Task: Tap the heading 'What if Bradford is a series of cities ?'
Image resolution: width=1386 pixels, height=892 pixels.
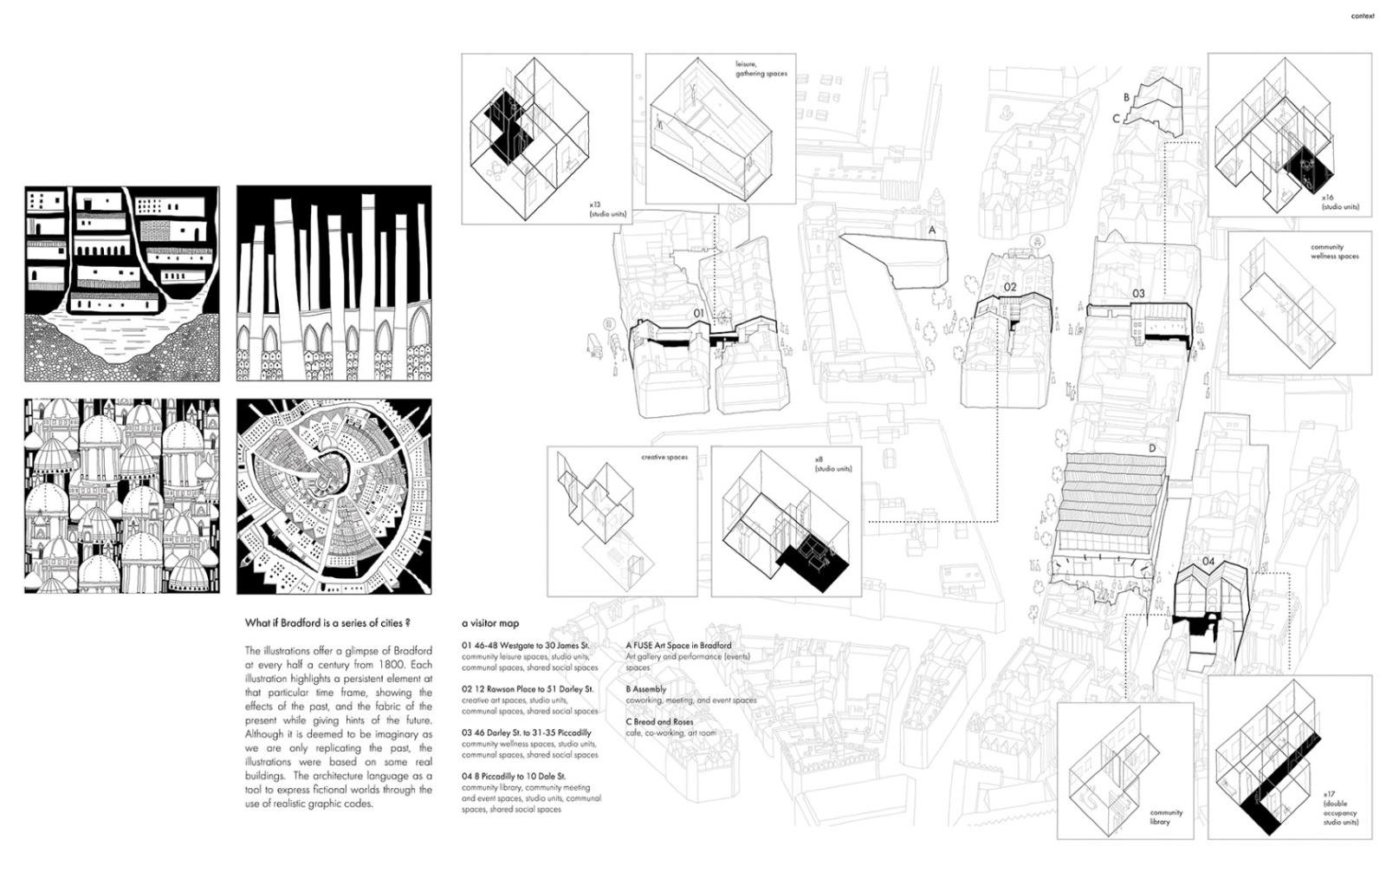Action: [327, 622]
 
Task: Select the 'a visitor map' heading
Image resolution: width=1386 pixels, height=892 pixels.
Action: [490, 623]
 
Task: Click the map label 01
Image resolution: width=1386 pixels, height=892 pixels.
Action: [698, 313]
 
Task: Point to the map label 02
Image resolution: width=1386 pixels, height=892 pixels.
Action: [1010, 287]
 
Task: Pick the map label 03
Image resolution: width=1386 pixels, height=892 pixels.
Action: [1138, 294]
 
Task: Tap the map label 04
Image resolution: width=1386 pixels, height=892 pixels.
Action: [1208, 562]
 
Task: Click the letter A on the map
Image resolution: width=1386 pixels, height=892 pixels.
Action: [932, 231]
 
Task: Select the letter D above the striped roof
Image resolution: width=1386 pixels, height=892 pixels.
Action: [1152, 448]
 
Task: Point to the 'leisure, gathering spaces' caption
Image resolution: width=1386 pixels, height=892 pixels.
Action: [761, 68]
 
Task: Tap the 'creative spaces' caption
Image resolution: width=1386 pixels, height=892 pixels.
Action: [664, 457]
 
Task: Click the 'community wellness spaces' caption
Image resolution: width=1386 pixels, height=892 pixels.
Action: [1335, 251]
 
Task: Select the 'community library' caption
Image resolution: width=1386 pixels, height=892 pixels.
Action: [1166, 817]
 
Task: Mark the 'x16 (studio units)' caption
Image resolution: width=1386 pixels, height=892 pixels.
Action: [1340, 203]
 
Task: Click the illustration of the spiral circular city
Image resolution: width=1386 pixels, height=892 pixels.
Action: [334, 497]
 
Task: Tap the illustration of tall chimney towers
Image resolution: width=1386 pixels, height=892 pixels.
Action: [334, 283]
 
